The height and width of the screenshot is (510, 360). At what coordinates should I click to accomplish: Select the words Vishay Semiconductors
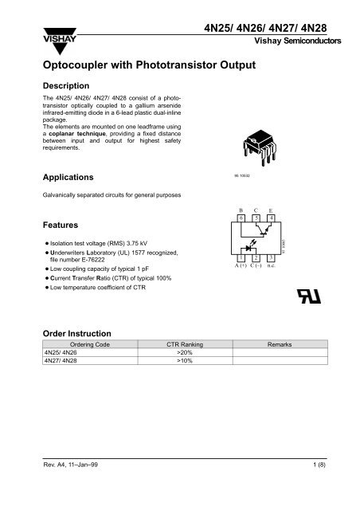coord(298,40)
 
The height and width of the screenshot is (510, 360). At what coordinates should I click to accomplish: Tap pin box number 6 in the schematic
coord(241,218)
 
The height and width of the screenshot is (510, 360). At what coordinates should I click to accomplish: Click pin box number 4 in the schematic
coord(272,218)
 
